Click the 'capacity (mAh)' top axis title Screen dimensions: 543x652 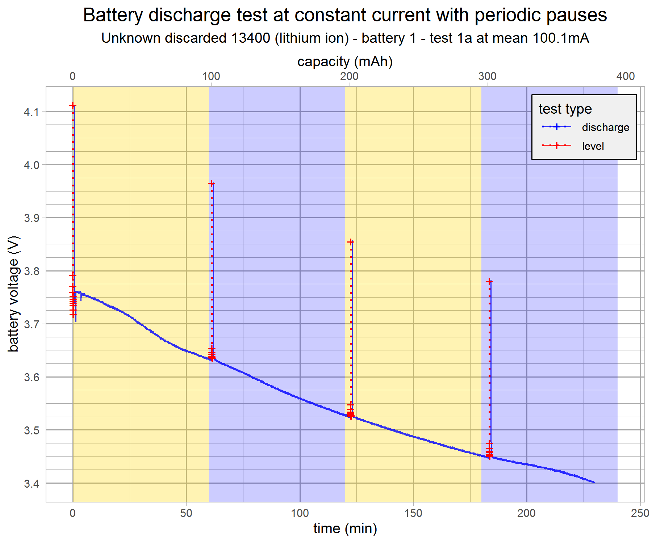tap(345, 62)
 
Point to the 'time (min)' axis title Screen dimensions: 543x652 tap(345, 529)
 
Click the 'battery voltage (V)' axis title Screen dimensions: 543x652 tap(13, 294)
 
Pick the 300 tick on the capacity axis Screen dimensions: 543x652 tap(487, 76)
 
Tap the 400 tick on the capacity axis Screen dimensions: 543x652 tap(626, 76)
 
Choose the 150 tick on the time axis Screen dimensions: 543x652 tap(413, 513)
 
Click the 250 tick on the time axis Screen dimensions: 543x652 tap(640, 513)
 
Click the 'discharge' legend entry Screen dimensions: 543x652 tap(605, 127)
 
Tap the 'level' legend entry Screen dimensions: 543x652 tap(593, 146)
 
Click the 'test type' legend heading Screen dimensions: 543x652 tap(565, 109)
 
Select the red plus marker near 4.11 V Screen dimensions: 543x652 tap(73, 106)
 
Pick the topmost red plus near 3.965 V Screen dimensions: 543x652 tap(211, 184)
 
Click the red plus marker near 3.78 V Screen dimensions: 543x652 tap(489, 281)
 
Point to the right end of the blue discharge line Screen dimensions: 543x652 tap(594, 482)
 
